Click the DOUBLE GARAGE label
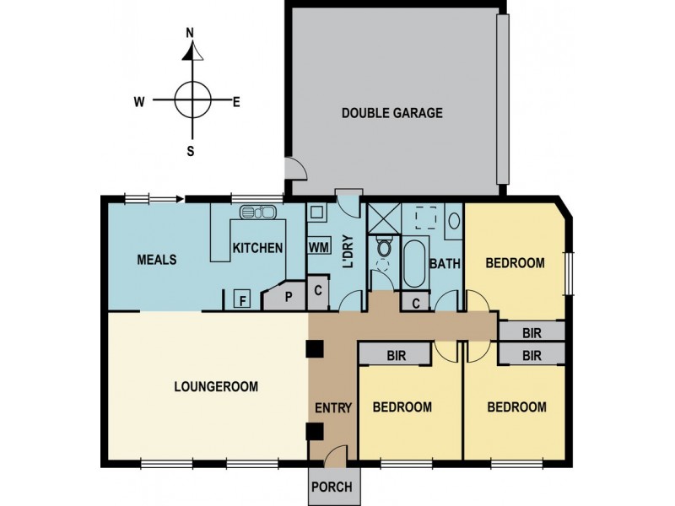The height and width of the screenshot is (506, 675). tap(391, 113)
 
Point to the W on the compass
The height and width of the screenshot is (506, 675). tap(138, 102)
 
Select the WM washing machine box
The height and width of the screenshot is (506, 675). tap(318, 247)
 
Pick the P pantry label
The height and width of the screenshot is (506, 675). tap(288, 297)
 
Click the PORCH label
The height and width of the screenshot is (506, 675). tap(335, 487)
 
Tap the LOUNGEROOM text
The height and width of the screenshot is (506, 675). tap(215, 387)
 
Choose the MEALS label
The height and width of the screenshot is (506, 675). tap(157, 260)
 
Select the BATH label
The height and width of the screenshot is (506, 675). tap(445, 263)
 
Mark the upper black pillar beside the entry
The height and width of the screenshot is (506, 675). tap(316, 348)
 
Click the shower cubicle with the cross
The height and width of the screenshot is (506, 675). tap(383, 218)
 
